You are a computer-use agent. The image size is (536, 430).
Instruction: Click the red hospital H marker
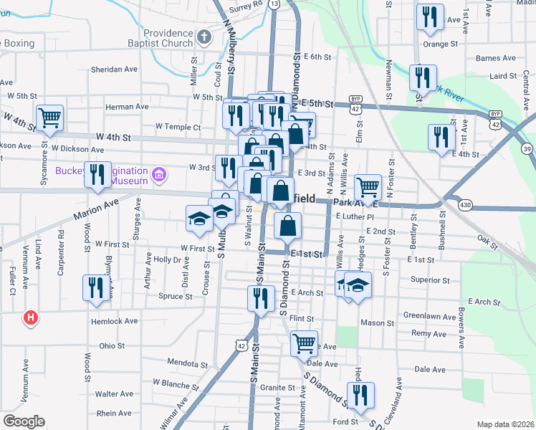[30, 317]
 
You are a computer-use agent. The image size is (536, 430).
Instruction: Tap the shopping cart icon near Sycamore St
[49, 118]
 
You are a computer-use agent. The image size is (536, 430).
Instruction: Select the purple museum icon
[159, 173]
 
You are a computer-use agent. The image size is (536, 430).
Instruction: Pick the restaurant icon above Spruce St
[94, 288]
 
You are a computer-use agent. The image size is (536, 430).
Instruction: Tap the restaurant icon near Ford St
[360, 395]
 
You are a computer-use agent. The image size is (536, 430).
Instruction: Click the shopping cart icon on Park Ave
[368, 188]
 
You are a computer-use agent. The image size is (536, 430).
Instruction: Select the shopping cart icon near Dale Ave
[305, 343]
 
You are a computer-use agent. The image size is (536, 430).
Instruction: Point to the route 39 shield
[527, 149]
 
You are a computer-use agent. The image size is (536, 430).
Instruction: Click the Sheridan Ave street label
[114, 70]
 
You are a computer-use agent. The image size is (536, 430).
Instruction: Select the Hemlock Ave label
[115, 322]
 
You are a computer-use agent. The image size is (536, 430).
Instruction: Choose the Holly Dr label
[166, 259]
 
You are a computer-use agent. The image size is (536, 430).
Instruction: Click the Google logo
[24, 421]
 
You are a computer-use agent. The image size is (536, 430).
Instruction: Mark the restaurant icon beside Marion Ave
[97, 174]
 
